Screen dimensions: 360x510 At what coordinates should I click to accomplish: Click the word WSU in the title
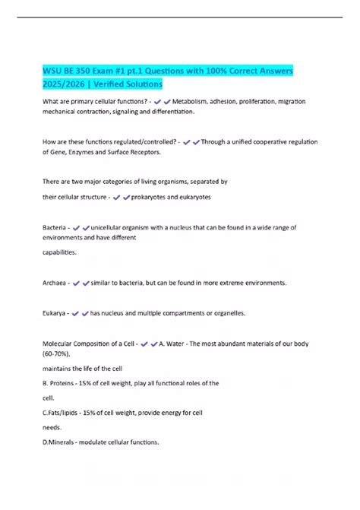pyautogui.click(x=53, y=70)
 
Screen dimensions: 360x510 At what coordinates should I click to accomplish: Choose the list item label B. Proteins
pyautogui.click(x=64, y=383)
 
